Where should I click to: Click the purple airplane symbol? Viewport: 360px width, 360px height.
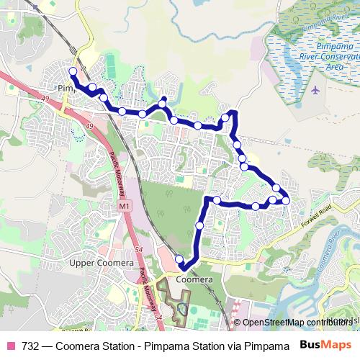[316, 90]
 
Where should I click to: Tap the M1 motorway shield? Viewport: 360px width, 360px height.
[125, 207]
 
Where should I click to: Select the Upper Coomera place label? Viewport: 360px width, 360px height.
[101, 264]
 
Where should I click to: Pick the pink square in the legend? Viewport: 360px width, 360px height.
[10, 344]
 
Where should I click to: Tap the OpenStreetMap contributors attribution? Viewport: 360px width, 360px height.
[295, 323]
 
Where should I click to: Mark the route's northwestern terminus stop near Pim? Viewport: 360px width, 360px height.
[73, 71]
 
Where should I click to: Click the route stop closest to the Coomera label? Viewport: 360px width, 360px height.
[179, 259]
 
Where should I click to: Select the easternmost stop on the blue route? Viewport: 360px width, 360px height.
[286, 200]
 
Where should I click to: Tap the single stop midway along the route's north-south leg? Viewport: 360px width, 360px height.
[199, 226]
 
